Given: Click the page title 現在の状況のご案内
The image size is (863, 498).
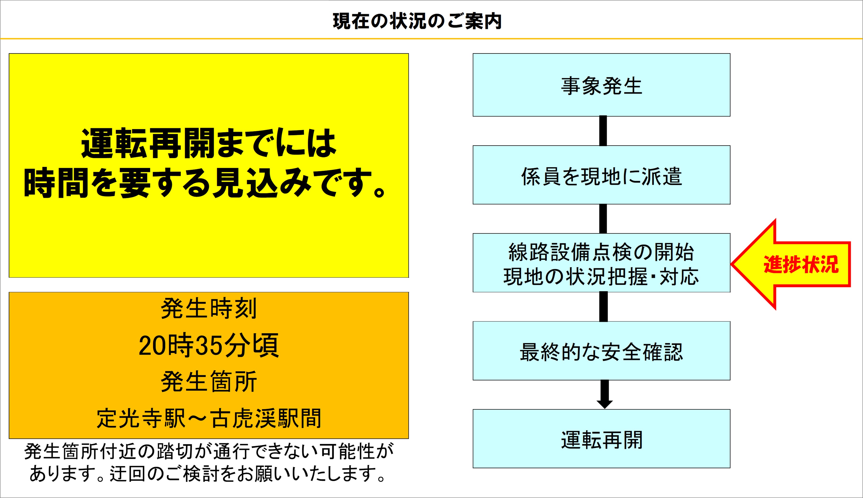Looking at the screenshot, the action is point(417,21).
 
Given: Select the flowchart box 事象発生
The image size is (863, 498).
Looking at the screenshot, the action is point(601,85).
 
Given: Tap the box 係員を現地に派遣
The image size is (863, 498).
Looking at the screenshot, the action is point(601,175).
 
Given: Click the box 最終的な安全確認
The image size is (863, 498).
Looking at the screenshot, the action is point(601,351).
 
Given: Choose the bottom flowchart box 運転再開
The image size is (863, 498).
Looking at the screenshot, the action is point(601,439).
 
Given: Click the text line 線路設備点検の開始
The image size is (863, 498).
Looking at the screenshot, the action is point(601,252).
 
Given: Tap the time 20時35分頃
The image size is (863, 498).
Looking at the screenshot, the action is point(209,346).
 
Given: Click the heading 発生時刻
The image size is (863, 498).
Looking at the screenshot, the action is point(209,308).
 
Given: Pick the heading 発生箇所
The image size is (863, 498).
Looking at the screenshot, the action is point(209,382).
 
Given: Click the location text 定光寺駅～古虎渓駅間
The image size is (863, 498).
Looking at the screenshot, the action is point(209,418).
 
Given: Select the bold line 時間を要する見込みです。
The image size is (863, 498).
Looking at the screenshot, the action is point(205,183).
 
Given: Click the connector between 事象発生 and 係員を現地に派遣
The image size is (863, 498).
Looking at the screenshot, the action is point(603,131).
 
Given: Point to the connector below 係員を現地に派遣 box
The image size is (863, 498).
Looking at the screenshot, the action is point(603,219).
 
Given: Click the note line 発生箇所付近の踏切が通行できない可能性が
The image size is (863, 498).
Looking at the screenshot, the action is point(209,451).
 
